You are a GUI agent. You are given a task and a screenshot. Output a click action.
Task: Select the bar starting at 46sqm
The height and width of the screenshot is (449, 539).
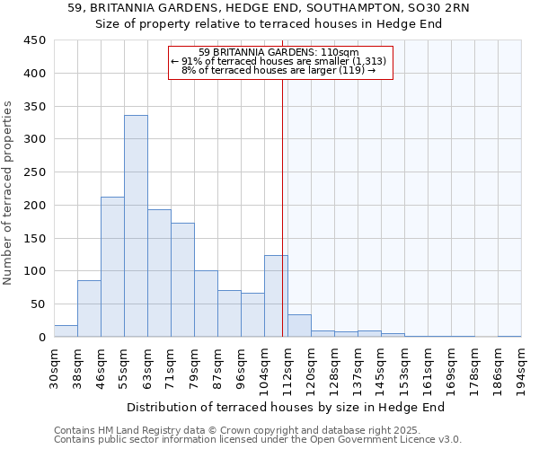(x=112, y=267)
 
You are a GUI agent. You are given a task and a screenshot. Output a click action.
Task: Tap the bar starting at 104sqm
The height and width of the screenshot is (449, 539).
(x=276, y=296)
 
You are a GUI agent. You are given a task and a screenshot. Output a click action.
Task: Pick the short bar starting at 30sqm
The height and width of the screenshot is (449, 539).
(x=66, y=331)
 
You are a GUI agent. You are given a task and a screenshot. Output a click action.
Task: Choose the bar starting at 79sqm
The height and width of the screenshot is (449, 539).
(x=206, y=304)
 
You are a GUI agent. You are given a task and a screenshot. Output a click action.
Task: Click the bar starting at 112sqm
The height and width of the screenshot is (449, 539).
(x=299, y=326)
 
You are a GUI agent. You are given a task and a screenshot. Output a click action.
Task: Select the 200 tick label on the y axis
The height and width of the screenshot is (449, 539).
(x=34, y=206)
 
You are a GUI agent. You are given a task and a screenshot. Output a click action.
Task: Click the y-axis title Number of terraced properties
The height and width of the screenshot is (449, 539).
(x=8, y=193)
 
